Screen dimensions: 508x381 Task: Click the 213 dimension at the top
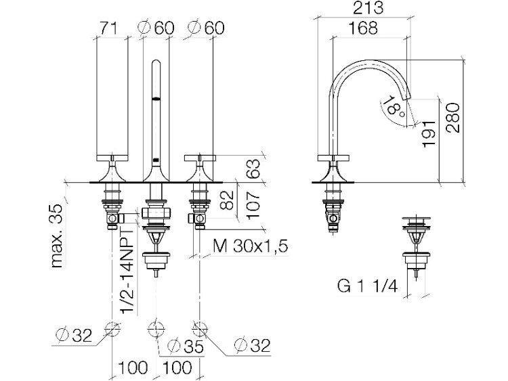(368, 8)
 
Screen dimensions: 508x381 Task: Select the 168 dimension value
(363, 28)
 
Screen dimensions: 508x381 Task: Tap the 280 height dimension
(452, 118)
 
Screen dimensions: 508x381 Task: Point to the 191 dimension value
(428, 134)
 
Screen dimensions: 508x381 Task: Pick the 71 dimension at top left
(108, 28)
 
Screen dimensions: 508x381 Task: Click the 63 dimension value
(254, 168)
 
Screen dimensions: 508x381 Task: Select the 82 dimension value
(226, 200)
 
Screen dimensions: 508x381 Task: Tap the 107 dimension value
(253, 204)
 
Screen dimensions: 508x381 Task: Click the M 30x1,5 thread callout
(250, 246)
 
